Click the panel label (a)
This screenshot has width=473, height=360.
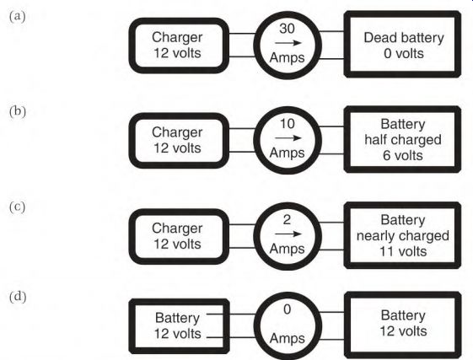[17, 16]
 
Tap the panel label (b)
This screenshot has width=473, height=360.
[18, 111]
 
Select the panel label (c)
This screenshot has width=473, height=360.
[17, 207]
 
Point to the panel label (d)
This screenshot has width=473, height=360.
[18, 297]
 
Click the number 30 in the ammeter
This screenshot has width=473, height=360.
[287, 29]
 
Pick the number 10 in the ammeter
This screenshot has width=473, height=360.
[288, 124]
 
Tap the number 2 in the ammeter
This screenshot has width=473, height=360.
[287, 220]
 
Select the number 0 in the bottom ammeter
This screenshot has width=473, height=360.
[288, 309]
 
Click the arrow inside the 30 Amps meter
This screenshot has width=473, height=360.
[288, 43]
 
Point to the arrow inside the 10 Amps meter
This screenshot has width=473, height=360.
[288, 138]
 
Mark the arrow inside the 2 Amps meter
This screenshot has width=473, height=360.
[288, 234]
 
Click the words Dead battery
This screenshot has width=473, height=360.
[404, 38]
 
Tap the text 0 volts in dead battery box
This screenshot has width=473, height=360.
[404, 54]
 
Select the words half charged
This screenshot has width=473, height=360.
[403, 140]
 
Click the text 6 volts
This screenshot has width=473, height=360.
[403, 156]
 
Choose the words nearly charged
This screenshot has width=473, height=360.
[403, 236]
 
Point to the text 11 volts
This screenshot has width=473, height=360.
[403, 251]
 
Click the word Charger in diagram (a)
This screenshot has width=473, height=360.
[177, 38]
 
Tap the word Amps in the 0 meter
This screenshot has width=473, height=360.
[288, 339]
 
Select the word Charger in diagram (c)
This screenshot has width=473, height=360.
[177, 228]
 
